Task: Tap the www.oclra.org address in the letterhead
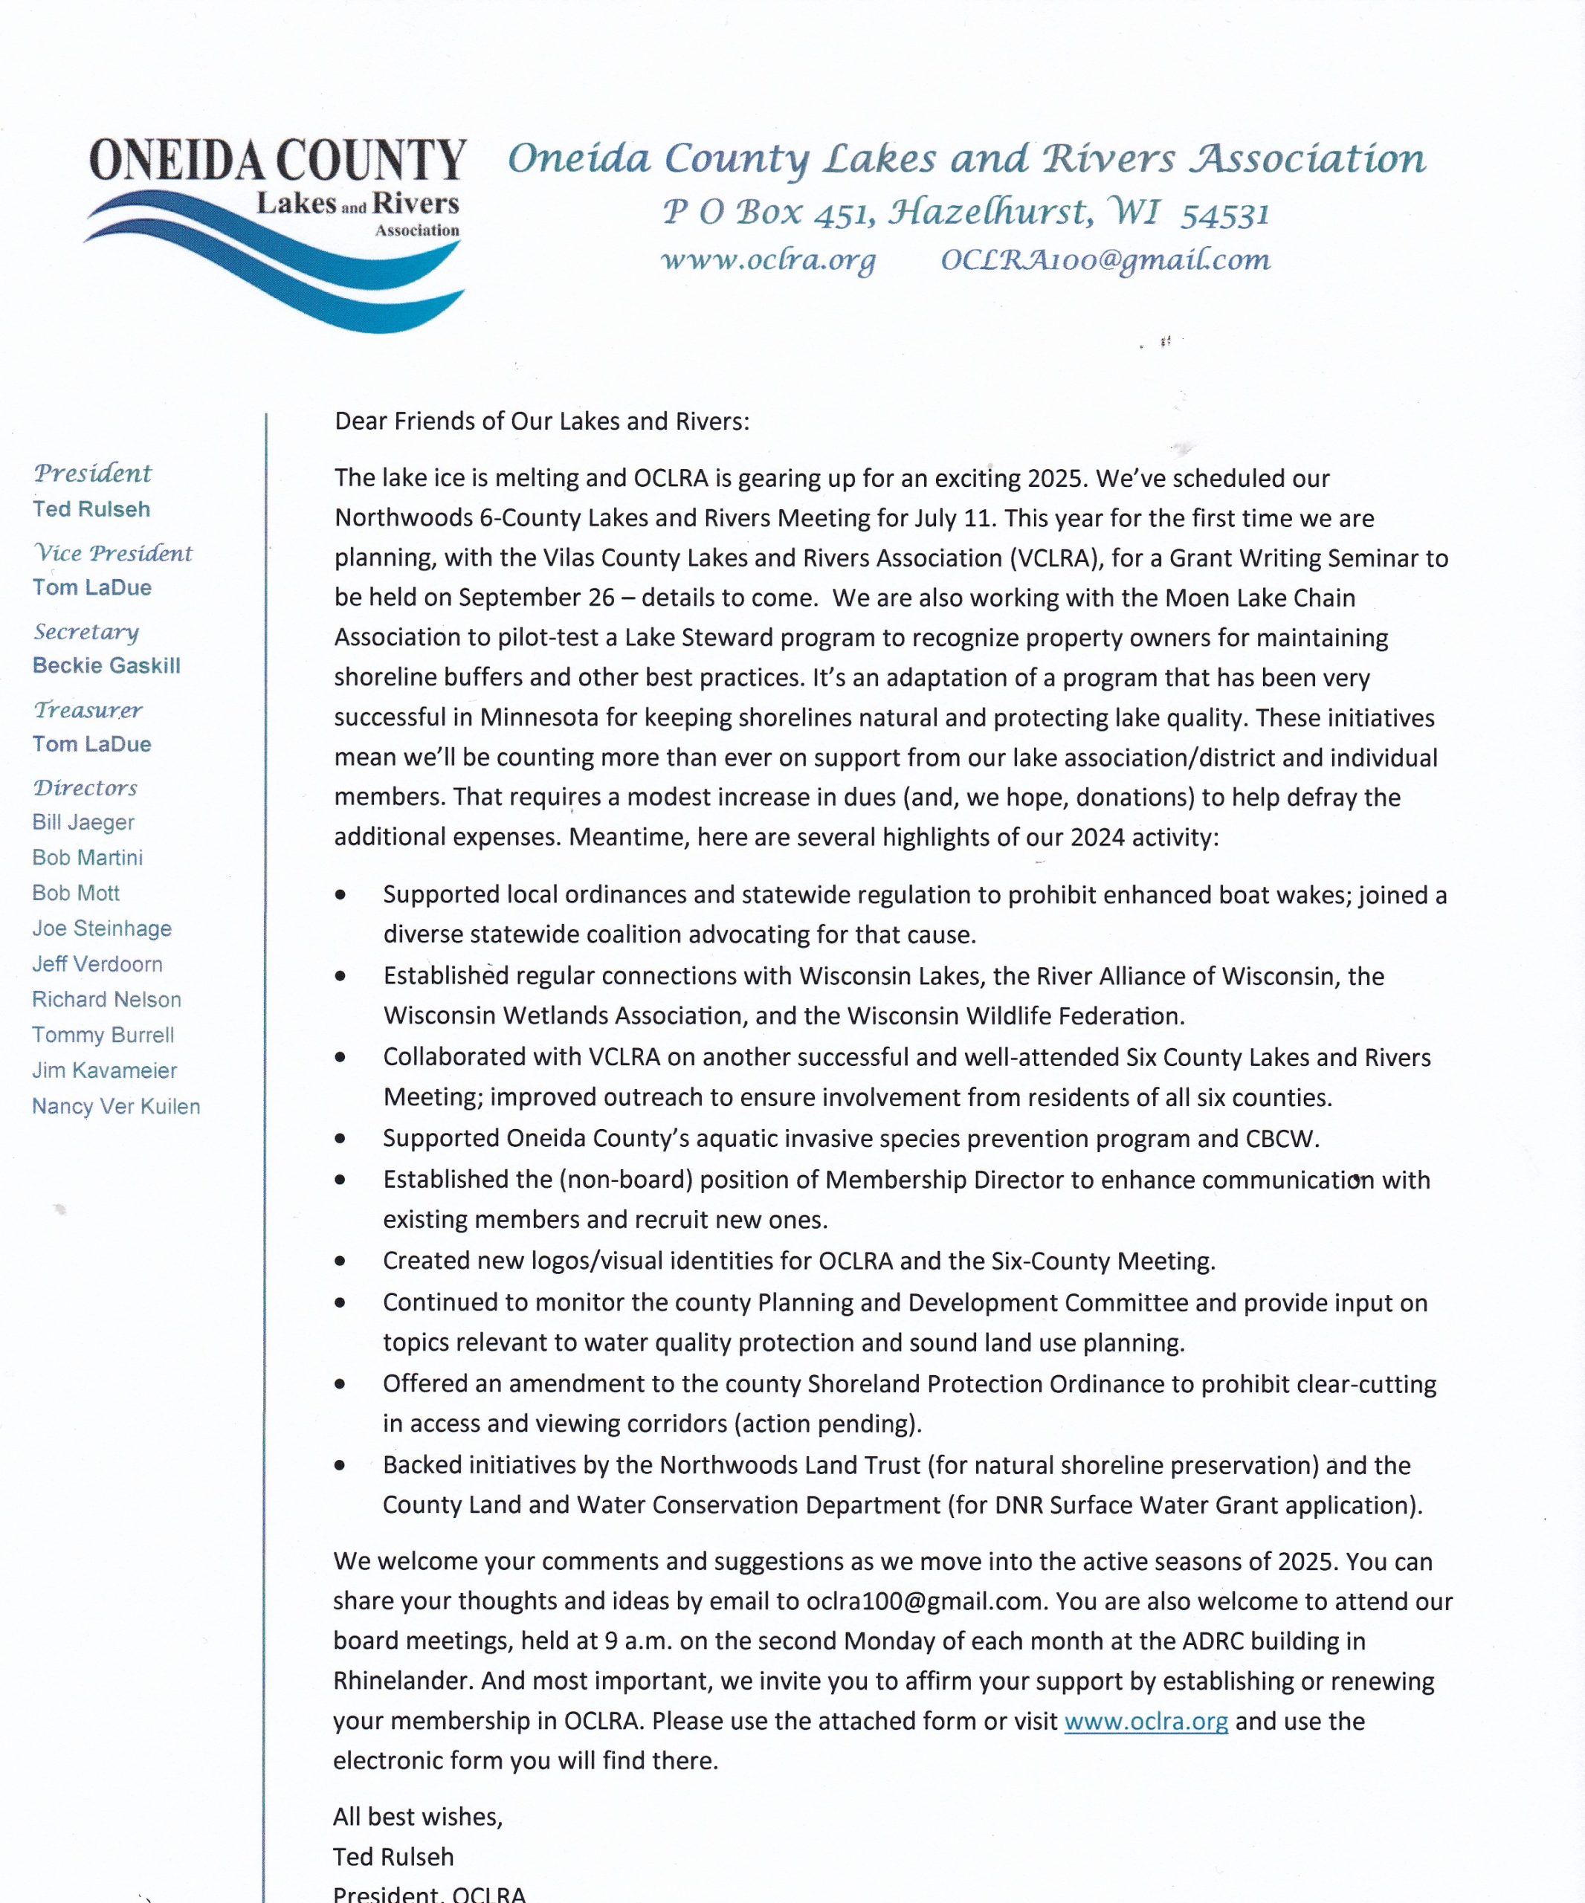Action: (x=769, y=260)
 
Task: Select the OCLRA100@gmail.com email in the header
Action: (x=1105, y=260)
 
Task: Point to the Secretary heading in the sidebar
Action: (x=86, y=632)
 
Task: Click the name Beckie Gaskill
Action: (x=106, y=666)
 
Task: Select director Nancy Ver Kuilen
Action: (x=116, y=1106)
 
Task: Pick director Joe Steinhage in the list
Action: (x=102, y=929)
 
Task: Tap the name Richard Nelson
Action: (x=106, y=1000)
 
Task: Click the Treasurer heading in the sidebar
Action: (x=88, y=710)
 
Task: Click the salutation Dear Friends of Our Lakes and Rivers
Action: (x=542, y=421)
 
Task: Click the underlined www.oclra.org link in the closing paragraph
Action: (x=1146, y=1722)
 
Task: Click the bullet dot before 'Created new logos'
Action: (x=340, y=1261)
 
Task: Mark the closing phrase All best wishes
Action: (x=417, y=1817)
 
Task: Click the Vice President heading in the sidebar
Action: (x=113, y=553)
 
